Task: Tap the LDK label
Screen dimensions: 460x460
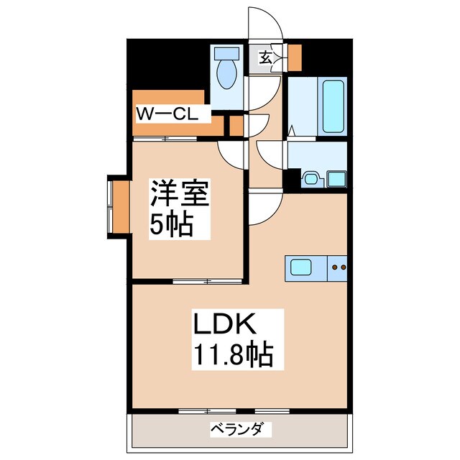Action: pos(222,326)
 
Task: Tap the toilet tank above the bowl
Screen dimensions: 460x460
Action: pos(227,54)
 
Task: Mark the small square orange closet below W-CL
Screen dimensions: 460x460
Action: pos(236,125)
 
